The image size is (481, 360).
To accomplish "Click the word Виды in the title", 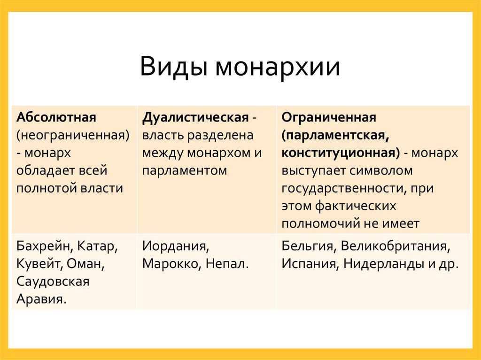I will pos(174,67).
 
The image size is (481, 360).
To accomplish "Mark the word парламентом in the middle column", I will pos(185,170).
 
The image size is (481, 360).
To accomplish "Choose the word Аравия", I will pos(41,299).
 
